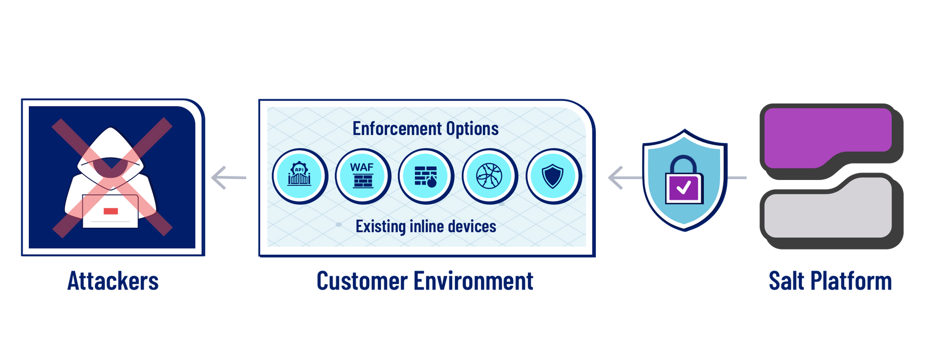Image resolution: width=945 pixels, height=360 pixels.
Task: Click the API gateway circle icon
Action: [x=300, y=176]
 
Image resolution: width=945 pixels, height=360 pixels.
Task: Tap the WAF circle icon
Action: [x=363, y=176]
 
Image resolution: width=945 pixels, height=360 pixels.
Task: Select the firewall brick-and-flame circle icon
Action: [x=426, y=176]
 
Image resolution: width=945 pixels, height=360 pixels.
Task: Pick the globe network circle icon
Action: [x=490, y=176]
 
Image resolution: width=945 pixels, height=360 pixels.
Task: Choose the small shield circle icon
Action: [x=553, y=176]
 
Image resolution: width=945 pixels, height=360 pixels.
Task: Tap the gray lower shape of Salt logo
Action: [x=828, y=208]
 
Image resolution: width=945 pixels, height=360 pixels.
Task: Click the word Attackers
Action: [x=113, y=281]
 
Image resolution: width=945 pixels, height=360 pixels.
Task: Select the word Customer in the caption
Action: [x=362, y=281]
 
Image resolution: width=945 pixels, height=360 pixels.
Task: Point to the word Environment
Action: [x=473, y=281]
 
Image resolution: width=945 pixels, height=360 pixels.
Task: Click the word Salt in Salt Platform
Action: [x=787, y=281]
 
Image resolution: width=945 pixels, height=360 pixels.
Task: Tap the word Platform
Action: [x=851, y=281]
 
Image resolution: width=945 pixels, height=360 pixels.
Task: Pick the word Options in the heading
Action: [x=472, y=129]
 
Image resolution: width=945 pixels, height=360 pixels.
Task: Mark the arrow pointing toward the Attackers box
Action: [x=229, y=178]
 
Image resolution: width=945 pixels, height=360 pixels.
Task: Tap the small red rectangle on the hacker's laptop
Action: [x=111, y=211]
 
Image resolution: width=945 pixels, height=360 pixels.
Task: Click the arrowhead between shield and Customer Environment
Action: [x=615, y=178]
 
